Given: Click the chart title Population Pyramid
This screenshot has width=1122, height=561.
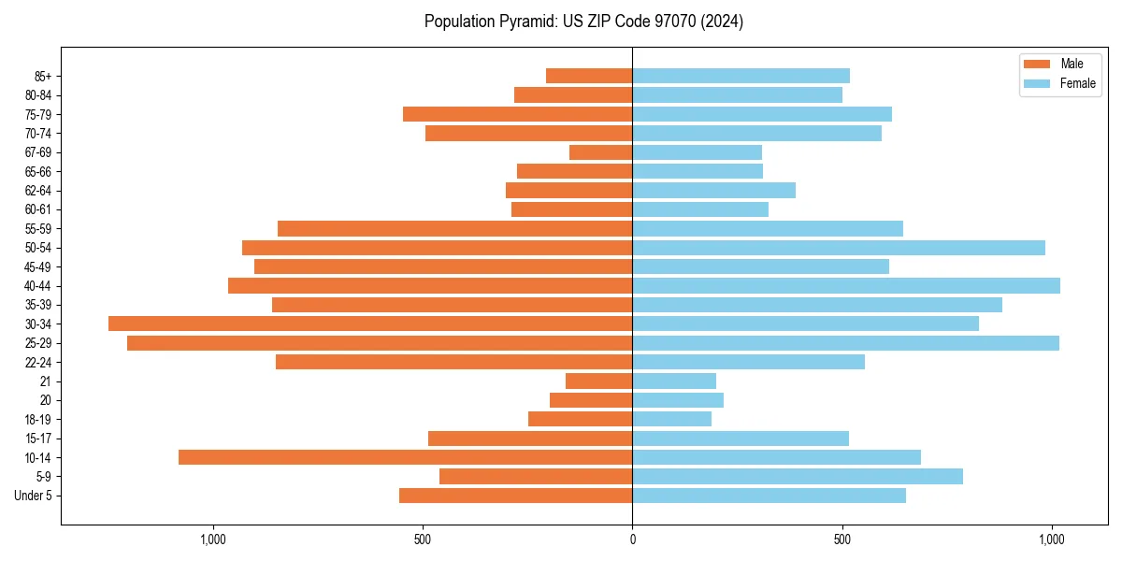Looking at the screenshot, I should click(583, 22).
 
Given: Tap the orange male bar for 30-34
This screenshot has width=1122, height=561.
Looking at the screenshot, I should click(370, 324).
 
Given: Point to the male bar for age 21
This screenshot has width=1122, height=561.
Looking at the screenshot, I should click(599, 381).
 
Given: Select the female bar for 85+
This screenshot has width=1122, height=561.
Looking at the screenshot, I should click(741, 76).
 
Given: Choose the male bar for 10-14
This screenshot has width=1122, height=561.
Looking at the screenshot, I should click(406, 457).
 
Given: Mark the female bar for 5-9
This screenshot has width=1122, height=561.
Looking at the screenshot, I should click(798, 477).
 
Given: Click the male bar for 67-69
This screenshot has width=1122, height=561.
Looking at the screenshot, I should click(601, 152).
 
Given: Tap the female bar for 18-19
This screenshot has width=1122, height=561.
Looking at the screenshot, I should click(672, 419).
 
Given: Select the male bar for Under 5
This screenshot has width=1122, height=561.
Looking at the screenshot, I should click(516, 496).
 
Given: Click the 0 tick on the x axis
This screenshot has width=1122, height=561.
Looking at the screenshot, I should click(633, 539).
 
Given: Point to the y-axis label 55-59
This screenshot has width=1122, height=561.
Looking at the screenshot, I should click(37, 228).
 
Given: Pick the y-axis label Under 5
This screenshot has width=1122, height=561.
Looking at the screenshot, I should click(33, 496).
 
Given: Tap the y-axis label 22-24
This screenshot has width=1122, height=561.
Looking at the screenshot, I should click(37, 362).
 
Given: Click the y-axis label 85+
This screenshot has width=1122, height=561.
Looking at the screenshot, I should click(42, 76).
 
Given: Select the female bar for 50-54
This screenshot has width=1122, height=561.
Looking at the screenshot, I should click(839, 248).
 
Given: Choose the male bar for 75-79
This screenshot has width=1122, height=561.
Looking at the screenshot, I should click(518, 114).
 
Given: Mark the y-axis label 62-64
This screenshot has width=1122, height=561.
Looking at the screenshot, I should click(37, 190).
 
